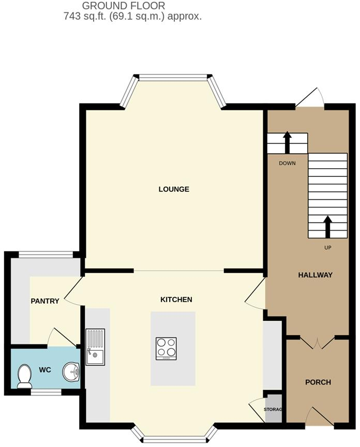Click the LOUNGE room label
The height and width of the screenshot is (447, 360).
pos(174,189)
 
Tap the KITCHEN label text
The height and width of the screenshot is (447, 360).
pos(176,300)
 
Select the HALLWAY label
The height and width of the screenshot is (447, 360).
pos(315,275)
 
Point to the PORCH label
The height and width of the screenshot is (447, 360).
pos(318,382)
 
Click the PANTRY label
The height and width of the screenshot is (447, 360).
pos(45,301)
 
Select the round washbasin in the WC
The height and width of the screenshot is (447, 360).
pos(71,371)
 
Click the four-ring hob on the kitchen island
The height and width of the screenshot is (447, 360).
pos(166,348)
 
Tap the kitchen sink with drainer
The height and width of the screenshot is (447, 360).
pos(95,347)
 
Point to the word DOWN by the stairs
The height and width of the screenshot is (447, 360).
pos(287,163)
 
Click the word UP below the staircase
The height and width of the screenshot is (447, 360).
pos(327,248)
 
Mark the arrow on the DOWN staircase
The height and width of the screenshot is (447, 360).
pos(287,142)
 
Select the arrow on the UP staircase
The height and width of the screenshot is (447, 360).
pos(327,226)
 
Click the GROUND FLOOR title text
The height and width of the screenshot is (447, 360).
pos(124,6)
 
